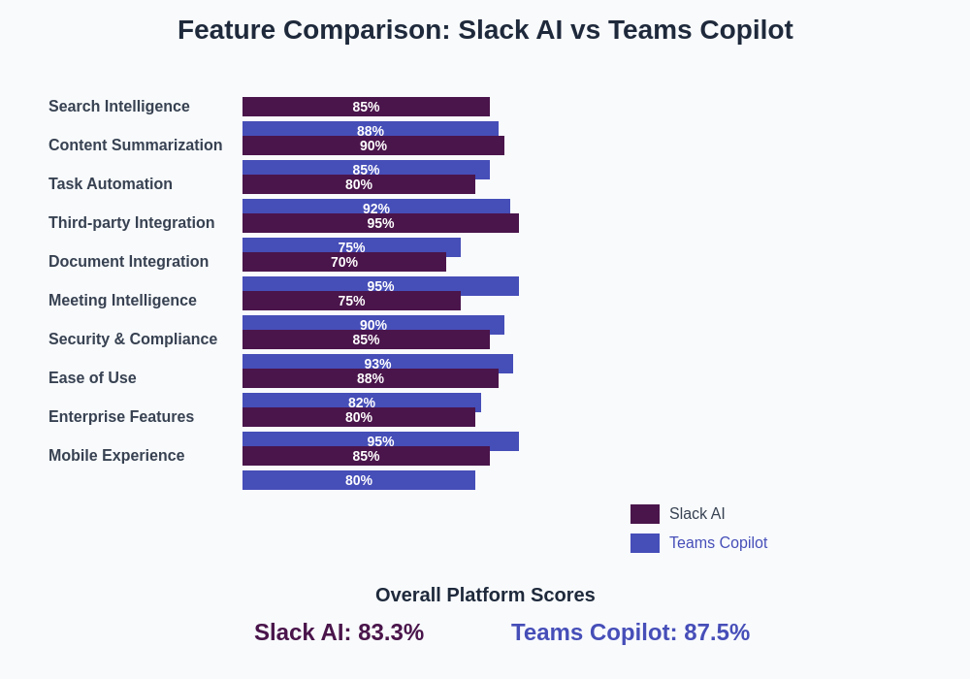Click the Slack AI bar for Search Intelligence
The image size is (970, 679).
click(366, 107)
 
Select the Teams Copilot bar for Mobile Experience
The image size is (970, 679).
click(359, 480)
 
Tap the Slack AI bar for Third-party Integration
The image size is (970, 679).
click(380, 223)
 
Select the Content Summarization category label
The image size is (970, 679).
click(135, 145)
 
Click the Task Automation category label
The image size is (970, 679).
click(111, 184)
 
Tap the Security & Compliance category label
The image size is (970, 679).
click(133, 339)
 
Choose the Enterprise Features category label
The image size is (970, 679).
click(121, 417)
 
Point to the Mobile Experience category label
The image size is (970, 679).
click(116, 456)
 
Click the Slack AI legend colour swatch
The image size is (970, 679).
click(645, 514)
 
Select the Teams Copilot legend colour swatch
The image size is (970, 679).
click(645, 543)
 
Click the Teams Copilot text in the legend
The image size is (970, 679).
click(718, 543)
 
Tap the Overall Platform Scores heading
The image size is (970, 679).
click(485, 595)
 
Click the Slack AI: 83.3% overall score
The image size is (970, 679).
click(339, 632)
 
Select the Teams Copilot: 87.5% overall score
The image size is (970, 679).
click(630, 632)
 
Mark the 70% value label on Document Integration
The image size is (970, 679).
click(344, 262)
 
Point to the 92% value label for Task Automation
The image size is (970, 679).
click(376, 208)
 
